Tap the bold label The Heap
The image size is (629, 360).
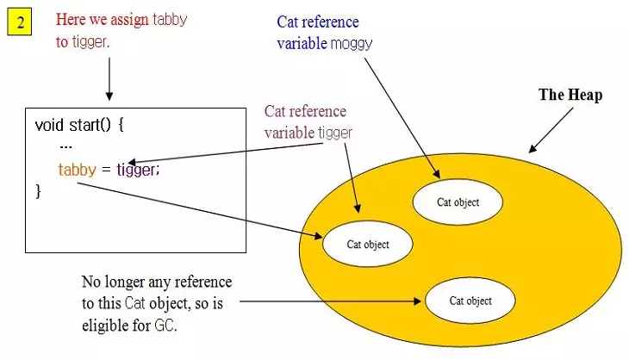coord(570,96)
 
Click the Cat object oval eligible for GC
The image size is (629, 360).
coord(470,301)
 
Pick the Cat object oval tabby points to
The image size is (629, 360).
coord(368,244)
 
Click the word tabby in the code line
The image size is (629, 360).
coord(77,169)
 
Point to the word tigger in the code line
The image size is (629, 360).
coord(136,170)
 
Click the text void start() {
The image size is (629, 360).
coord(80,124)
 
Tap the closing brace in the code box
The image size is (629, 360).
coord(38,191)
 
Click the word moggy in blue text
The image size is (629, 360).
coord(352,43)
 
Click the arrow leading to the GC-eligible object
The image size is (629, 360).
coord(333,301)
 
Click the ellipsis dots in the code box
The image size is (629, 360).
coord(65,146)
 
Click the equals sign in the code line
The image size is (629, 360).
coord(106,170)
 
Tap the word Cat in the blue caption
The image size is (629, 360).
coord(288,22)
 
